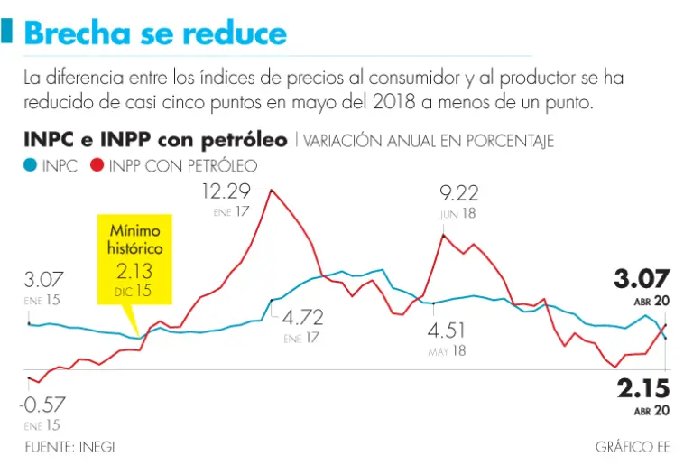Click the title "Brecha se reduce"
click(155, 33)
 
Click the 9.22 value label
click(458, 193)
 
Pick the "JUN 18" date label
click(458, 214)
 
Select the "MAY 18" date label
click(448, 350)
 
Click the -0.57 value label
click(44, 404)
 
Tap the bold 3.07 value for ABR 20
click(642, 279)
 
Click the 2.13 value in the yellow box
click(134, 270)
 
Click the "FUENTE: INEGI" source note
click(69, 447)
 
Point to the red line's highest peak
click(272, 190)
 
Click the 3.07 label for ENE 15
click(44, 279)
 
